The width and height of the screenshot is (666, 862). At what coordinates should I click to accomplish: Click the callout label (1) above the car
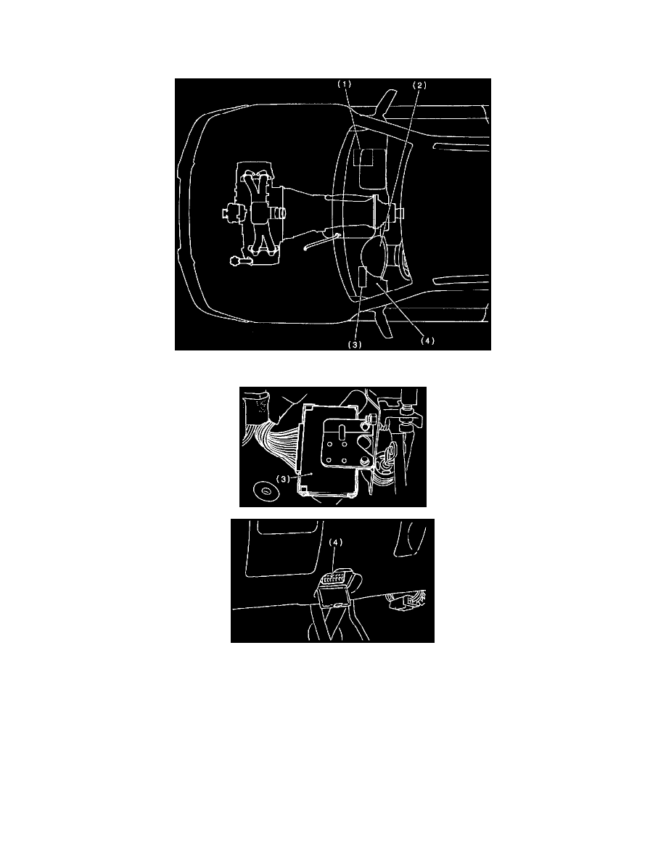[x=344, y=85]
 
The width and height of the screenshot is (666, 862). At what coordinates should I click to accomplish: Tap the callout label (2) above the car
[x=420, y=85]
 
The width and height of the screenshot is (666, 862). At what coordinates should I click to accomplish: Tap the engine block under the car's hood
[x=255, y=214]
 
